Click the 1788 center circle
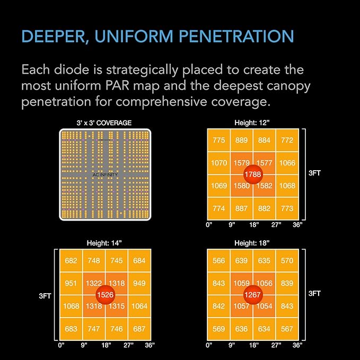[x=253, y=174]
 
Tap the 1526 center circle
[x=105, y=295]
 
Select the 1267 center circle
[x=253, y=295]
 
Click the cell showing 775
[x=219, y=141]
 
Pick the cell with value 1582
[x=264, y=186]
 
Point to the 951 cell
[x=71, y=284]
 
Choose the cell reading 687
[x=139, y=329]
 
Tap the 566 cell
[x=219, y=261]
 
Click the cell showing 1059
[x=242, y=284]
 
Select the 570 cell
[x=287, y=261]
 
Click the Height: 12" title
[x=252, y=123]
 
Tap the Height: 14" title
[x=104, y=243]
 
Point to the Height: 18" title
[x=252, y=243]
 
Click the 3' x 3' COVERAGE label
[x=104, y=123]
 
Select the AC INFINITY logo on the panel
[x=105, y=175]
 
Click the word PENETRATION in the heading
[x=236, y=36]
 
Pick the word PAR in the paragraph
[x=118, y=86]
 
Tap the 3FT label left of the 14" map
[x=45, y=296]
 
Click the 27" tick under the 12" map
[x=276, y=225]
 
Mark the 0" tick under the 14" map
[x=62, y=345]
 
